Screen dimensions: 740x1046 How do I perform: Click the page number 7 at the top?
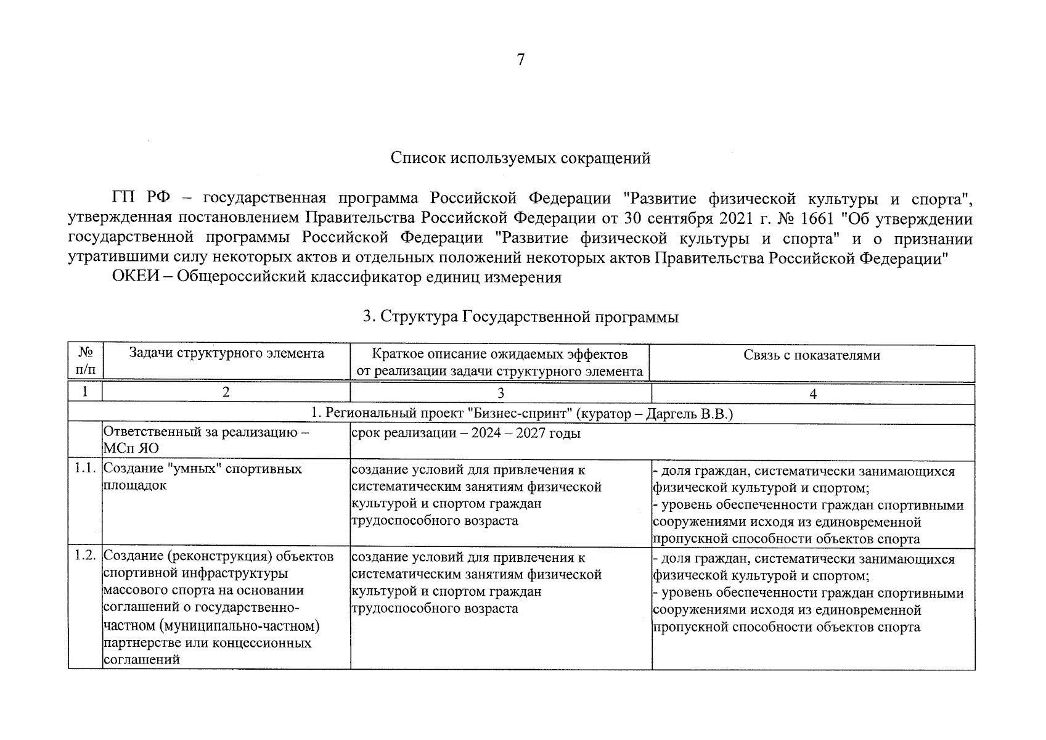[521, 60]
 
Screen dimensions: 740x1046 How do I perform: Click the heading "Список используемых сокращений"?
[521, 158]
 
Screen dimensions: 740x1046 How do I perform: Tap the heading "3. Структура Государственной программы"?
[521, 317]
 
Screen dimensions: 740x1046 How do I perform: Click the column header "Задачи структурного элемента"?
[226, 354]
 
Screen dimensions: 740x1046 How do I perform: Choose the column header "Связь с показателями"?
[812, 355]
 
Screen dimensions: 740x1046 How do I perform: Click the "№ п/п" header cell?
[86, 361]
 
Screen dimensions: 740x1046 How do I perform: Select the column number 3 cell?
[501, 393]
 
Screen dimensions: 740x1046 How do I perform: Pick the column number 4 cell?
[813, 393]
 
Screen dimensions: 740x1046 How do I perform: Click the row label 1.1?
[84, 469]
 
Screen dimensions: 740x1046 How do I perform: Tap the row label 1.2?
[84, 556]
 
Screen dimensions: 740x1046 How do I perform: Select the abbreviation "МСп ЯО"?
[131, 449]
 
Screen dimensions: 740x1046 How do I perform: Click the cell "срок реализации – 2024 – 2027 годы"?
[466, 433]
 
